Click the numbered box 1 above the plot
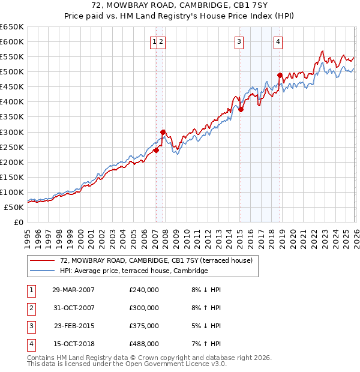[155, 41]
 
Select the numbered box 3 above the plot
[239, 41]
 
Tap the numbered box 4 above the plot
[278, 41]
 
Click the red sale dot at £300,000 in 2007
[163, 132]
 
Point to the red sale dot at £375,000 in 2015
[240, 109]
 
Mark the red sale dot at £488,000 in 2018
[280, 75]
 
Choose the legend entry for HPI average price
[133, 271]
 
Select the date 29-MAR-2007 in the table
[73, 289]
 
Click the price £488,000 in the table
[144, 344]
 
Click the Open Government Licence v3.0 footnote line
[127, 364]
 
